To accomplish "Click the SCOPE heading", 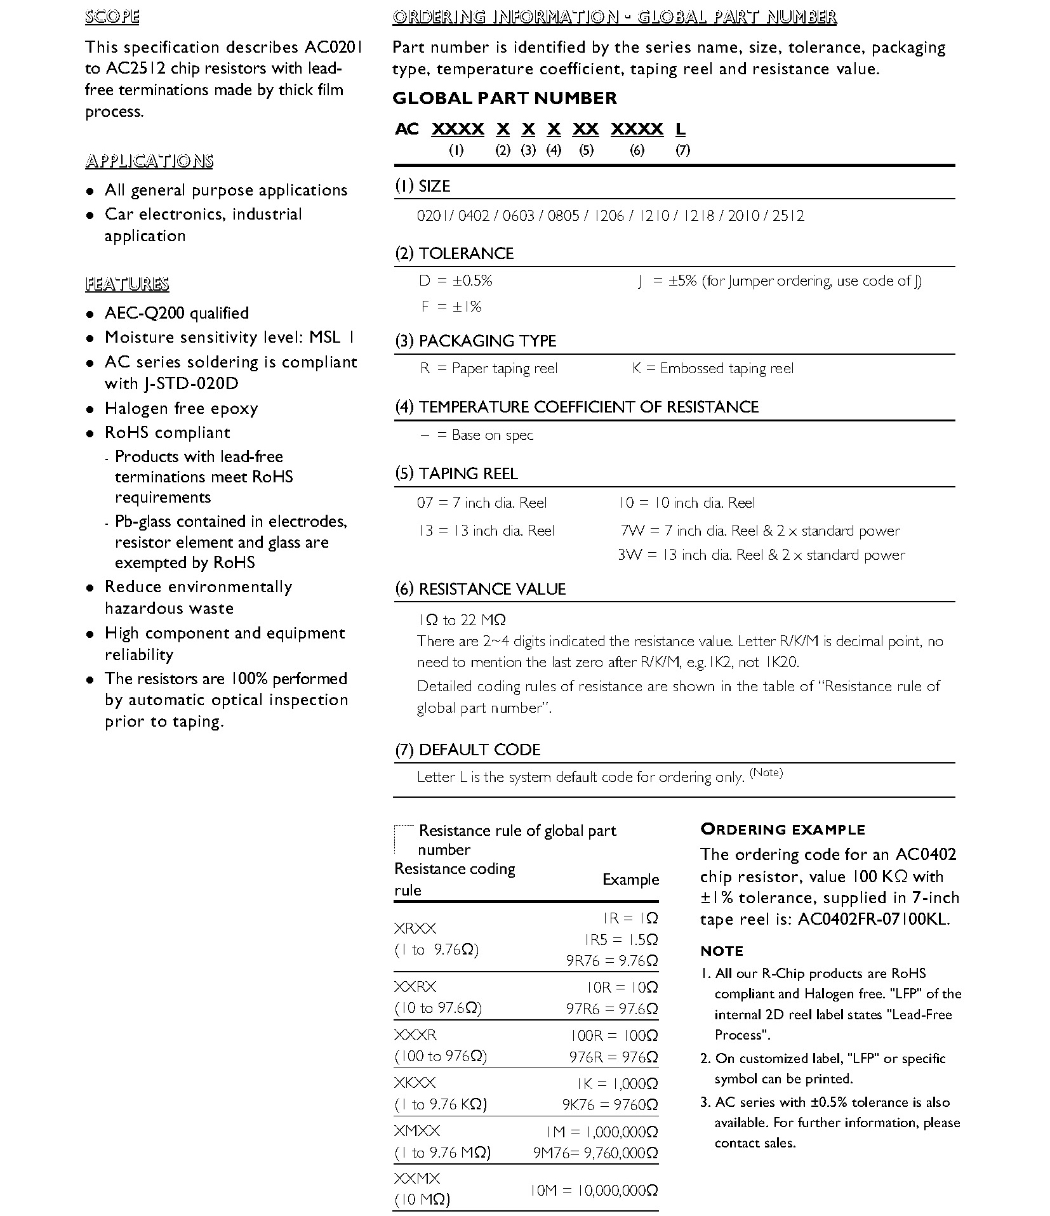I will pyautogui.click(x=112, y=17).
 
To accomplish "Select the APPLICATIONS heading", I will pyautogui.click(x=149, y=161).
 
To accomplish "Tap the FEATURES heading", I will pyautogui.click(x=127, y=284).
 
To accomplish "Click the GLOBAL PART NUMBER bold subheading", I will pyautogui.click(x=505, y=98).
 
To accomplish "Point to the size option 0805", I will pyautogui.click(x=563, y=216).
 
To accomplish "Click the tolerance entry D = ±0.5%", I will pyautogui.click(x=455, y=281).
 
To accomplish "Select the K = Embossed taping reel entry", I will pyautogui.click(x=712, y=369).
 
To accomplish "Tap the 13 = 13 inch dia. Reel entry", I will pyautogui.click(x=486, y=531).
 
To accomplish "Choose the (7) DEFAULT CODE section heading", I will pyautogui.click(x=467, y=750).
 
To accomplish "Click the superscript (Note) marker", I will pyautogui.click(x=766, y=772).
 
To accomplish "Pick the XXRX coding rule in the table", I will pyautogui.click(x=415, y=987).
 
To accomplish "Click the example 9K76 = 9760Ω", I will pyautogui.click(x=609, y=1105).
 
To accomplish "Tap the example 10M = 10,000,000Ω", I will pyautogui.click(x=594, y=1190).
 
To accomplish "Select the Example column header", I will pyautogui.click(x=630, y=880).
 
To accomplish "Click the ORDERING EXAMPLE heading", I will pyautogui.click(x=782, y=829).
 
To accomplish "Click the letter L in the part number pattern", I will pyautogui.click(x=681, y=129).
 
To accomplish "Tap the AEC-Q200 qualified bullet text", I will pyautogui.click(x=176, y=314).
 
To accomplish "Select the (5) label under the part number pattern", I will pyautogui.click(x=586, y=150).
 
